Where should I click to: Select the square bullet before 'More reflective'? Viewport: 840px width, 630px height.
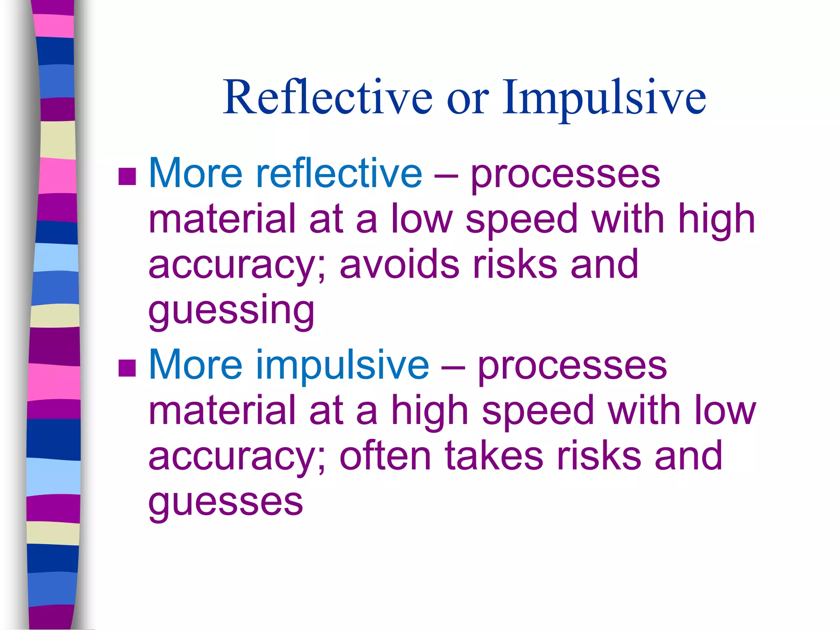127,176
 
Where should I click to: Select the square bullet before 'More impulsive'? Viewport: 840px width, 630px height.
127,367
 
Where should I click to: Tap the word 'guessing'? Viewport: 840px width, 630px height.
231,311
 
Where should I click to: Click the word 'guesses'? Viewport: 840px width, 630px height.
226,502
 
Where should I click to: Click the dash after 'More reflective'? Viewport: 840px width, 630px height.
446,176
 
